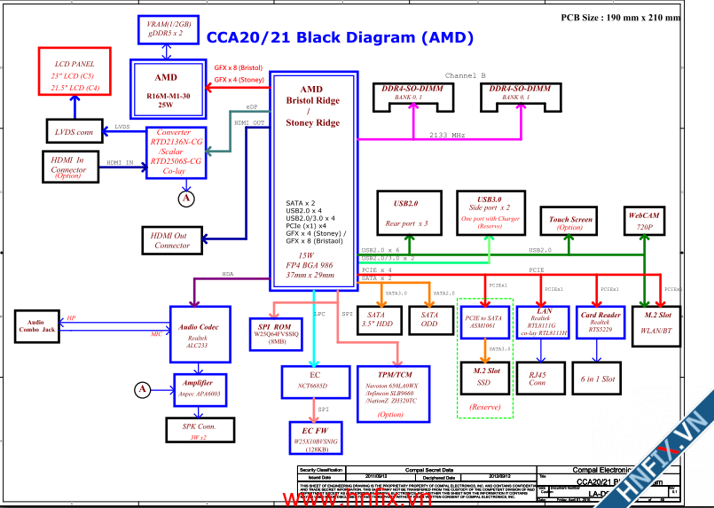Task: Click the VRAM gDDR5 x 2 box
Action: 172,29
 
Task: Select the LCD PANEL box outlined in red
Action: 75,76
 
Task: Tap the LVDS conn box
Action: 74,132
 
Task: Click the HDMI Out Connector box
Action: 172,239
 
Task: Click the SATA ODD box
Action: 429,320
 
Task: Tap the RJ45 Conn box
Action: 537,377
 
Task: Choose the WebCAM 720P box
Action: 645,221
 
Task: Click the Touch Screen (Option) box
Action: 570,223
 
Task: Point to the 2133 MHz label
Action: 447,135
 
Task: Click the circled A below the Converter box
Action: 185,199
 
